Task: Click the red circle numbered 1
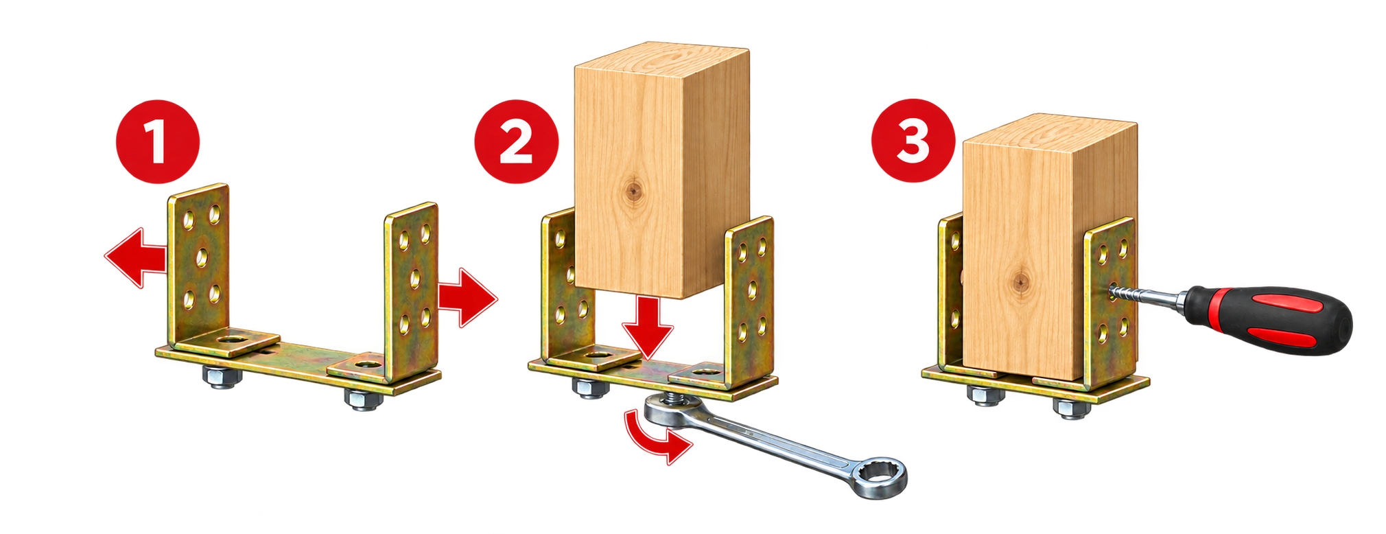point(158,141)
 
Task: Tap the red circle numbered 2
point(516,141)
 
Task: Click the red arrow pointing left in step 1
point(136,258)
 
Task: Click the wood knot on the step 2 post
point(633,189)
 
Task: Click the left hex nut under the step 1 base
point(222,377)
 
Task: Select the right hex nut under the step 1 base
point(364,399)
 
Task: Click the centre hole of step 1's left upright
point(202,258)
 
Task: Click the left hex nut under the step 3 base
point(986,395)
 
